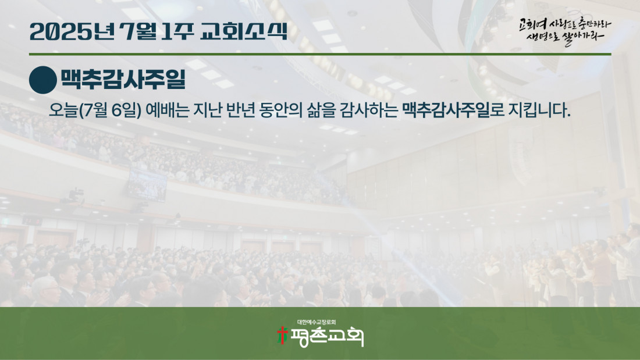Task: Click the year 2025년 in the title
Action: [x=72, y=31]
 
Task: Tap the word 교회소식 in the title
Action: [x=244, y=31]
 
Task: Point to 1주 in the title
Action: [x=177, y=31]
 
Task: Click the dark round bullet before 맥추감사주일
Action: [x=43, y=80]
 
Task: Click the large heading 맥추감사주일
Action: [x=123, y=79]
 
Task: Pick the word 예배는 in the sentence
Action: [x=168, y=110]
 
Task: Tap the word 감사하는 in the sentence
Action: [x=368, y=110]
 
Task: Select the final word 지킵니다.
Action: [x=539, y=110]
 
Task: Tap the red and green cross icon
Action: [x=282, y=336]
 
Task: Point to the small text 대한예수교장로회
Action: [x=317, y=322]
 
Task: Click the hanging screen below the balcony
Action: [x=147, y=186]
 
